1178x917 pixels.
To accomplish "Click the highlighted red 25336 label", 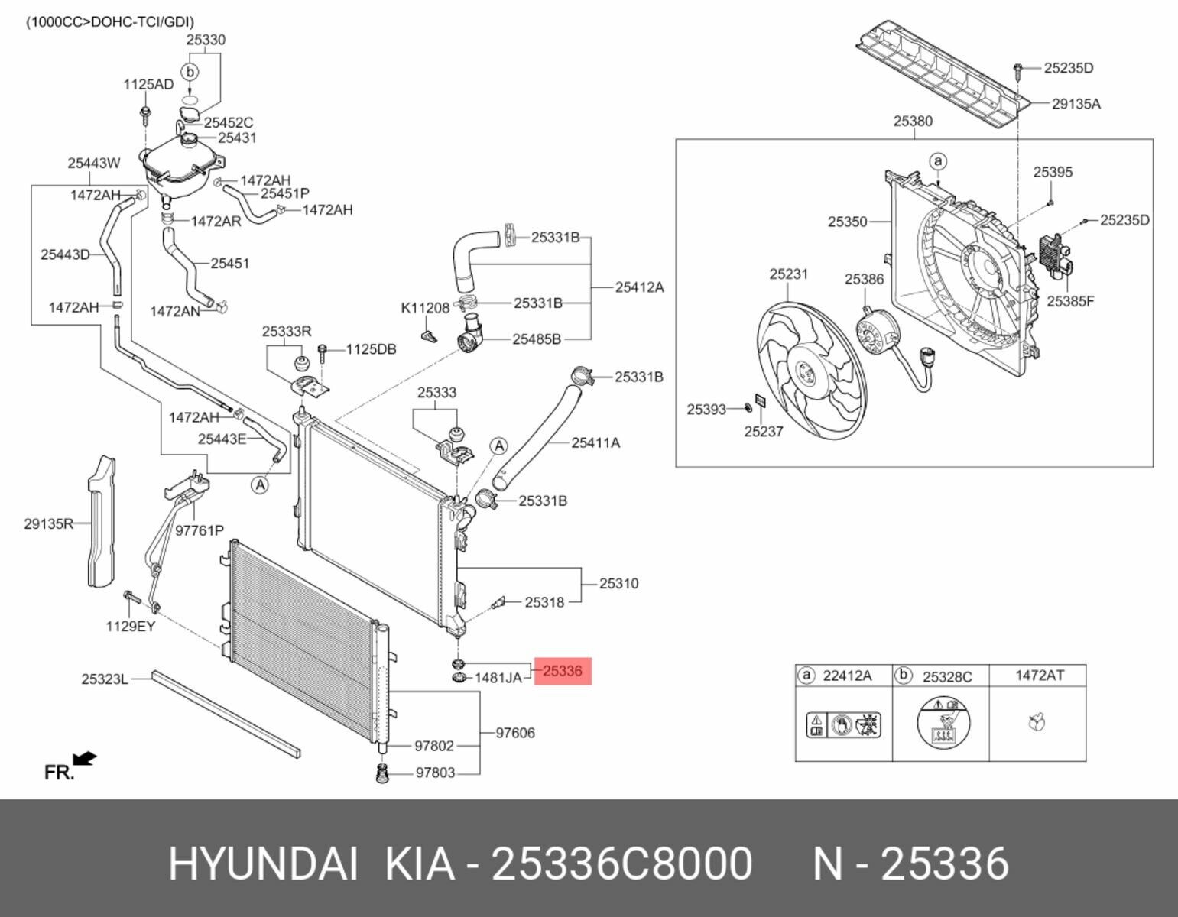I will point(563,671).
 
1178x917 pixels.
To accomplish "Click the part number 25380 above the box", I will point(913,121).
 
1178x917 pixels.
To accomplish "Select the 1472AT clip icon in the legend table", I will point(1037,721).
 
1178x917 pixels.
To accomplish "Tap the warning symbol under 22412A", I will point(843,723).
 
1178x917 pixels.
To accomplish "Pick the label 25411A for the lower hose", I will point(595,442).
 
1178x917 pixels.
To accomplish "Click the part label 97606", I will point(515,733).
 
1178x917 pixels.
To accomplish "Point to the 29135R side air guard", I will point(102,523).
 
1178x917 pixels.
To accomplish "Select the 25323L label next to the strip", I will point(105,679).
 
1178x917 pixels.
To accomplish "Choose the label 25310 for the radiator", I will point(618,583).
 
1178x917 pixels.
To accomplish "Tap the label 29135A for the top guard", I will point(1076,104).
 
